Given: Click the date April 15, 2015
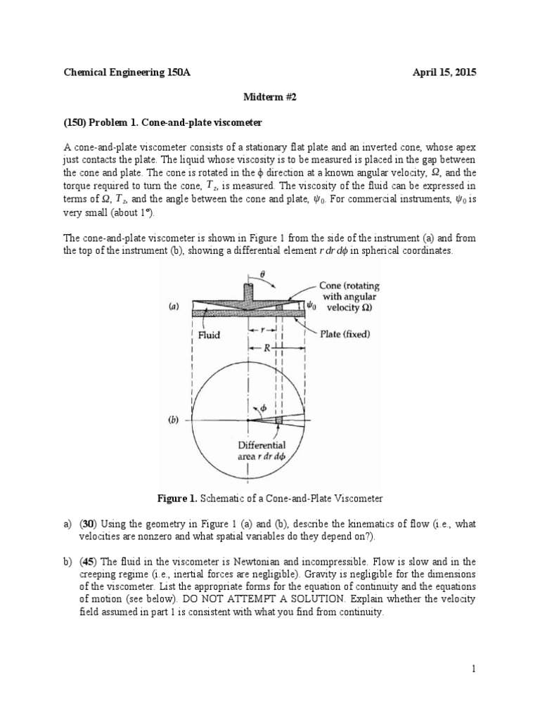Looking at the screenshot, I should (x=442, y=73).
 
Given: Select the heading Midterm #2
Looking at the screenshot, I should (x=271, y=98).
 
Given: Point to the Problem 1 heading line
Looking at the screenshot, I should (x=162, y=122).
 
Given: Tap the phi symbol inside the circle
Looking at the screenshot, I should (x=264, y=407).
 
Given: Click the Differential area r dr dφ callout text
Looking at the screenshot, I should (x=262, y=451).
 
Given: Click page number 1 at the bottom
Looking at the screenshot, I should (x=475, y=669).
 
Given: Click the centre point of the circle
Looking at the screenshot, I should (x=247, y=420).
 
